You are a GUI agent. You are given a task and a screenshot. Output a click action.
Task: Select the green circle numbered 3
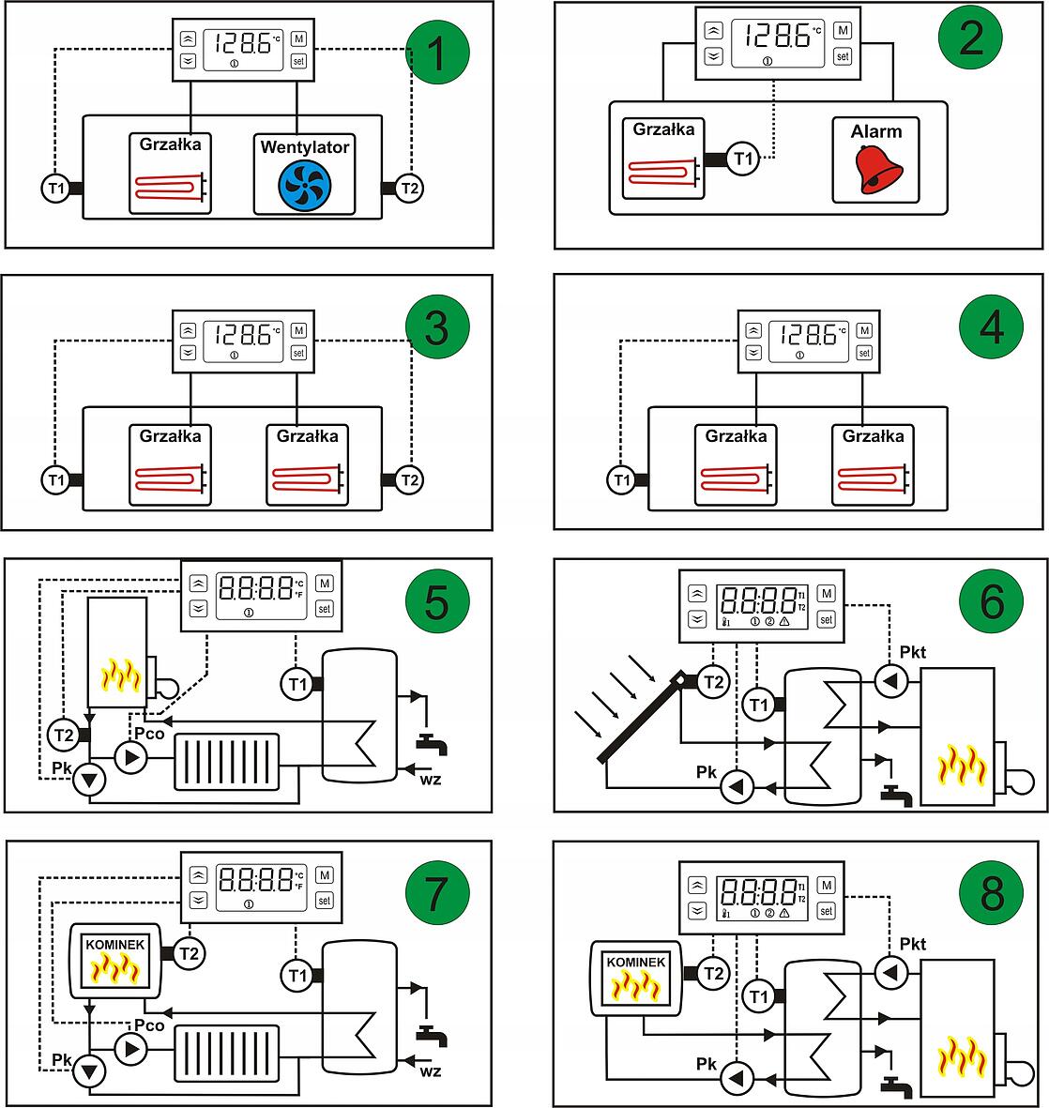click(437, 330)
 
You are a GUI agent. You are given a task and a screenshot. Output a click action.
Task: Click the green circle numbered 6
click(991, 600)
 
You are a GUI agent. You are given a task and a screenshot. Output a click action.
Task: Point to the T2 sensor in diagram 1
click(409, 188)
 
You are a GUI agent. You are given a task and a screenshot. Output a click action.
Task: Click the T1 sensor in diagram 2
click(743, 159)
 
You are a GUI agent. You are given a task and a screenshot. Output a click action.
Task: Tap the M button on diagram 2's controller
click(843, 31)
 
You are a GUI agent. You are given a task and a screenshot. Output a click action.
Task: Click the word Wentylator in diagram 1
click(304, 147)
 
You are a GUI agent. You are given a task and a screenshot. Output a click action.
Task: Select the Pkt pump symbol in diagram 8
click(889, 974)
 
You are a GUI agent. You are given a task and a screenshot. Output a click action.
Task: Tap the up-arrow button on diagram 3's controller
click(188, 330)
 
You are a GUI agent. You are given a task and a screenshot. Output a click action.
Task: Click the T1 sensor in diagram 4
click(621, 480)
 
